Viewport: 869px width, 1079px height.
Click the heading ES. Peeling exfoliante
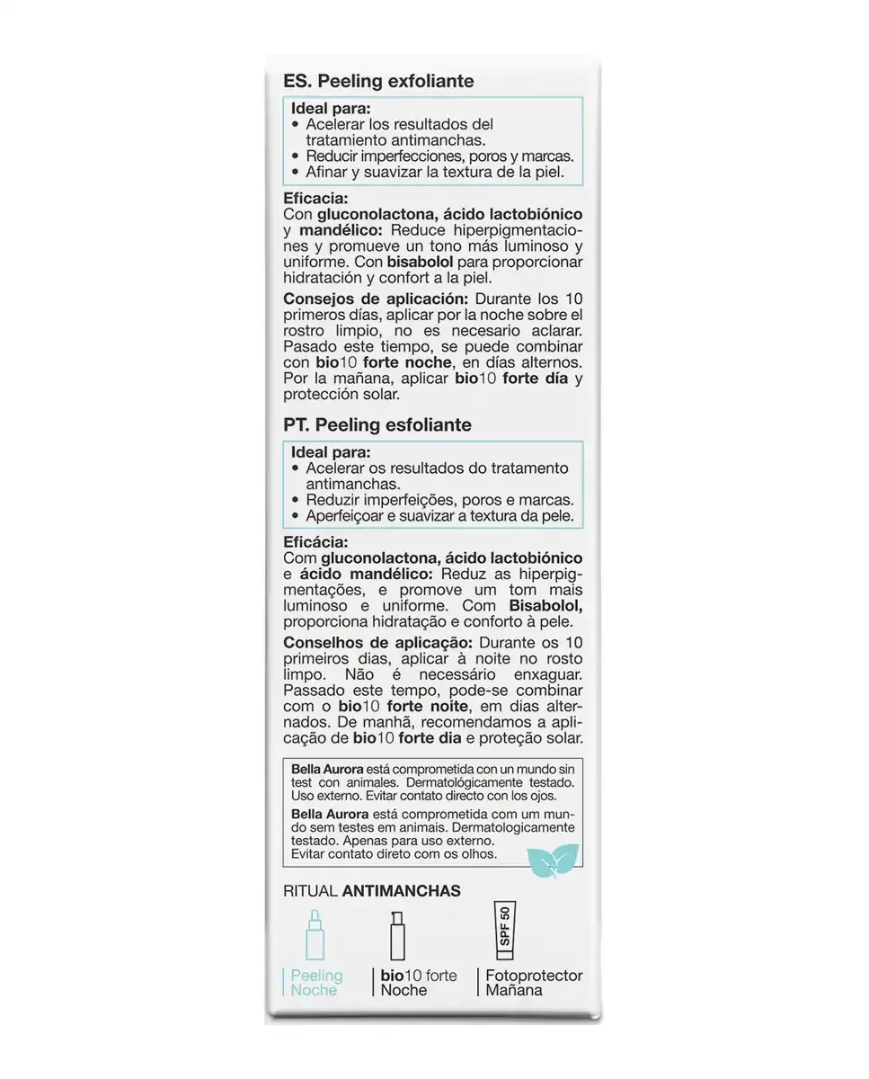378,81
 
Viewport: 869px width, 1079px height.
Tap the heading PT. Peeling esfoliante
377,424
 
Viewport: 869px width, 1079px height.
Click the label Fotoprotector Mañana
534,983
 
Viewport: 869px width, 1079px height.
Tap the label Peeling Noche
316,983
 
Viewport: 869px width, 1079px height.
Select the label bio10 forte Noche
418,983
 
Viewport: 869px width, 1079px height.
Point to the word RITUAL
310,891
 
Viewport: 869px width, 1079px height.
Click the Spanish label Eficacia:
315,199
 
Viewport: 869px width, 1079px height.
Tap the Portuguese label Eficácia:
315,542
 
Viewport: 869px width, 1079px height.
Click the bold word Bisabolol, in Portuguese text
545,607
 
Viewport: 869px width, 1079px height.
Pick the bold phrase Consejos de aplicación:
376,299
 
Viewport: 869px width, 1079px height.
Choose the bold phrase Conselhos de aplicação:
377,643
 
